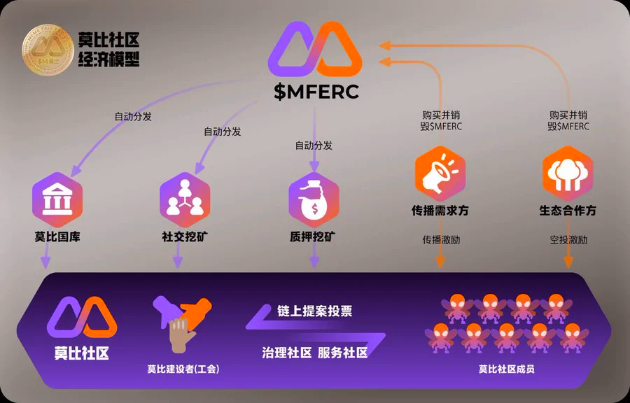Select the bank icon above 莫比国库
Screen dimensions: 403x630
coord(57,200)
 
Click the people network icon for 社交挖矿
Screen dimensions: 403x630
coord(185,197)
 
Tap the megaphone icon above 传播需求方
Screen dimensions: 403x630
coord(440,172)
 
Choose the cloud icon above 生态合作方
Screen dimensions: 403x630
coord(568,172)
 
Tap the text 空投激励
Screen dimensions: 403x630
coord(568,240)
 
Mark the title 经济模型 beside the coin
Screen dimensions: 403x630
coord(108,59)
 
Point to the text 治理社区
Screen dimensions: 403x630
coord(286,352)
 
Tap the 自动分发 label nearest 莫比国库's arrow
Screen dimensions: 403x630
coord(133,116)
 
